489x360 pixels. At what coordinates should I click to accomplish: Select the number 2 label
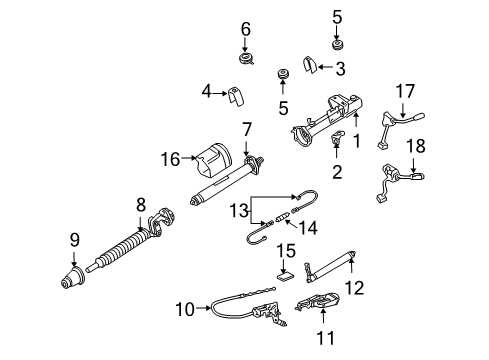[336, 173]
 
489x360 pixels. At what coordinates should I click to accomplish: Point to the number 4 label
[207, 91]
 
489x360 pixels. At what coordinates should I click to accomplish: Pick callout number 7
[245, 130]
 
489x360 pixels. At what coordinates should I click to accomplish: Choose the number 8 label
[141, 207]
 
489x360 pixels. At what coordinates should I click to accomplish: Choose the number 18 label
[416, 146]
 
